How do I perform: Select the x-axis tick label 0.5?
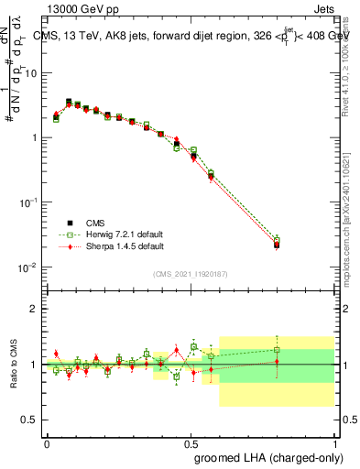[x=191, y=442]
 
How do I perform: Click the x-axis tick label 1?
[x=335, y=442]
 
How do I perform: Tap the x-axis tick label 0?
[x=47, y=442]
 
